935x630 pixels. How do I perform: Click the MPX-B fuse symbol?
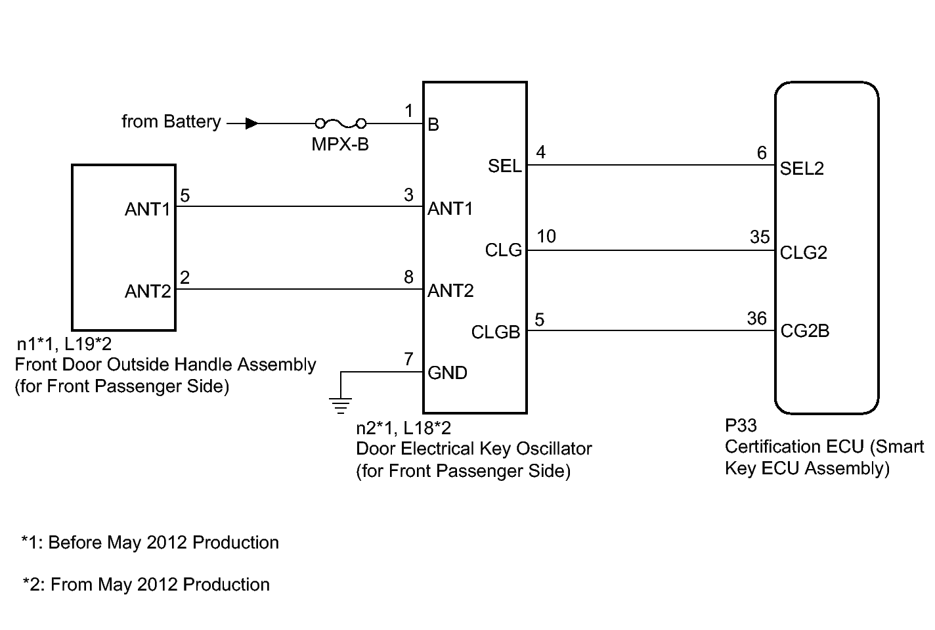pyautogui.click(x=341, y=123)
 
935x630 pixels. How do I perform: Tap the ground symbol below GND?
pyautogui.click(x=340, y=404)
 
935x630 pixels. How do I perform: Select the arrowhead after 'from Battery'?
pyautogui.click(x=251, y=123)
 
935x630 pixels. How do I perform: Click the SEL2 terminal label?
pyautogui.click(x=802, y=169)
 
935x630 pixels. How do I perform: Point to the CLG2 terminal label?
pyautogui.click(x=803, y=253)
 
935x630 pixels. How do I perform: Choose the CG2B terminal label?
pyautogui.click(x=804, y=331)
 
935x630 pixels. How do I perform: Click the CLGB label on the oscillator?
pyautogui.click(x=496, y=332)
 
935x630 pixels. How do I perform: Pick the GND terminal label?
pyautogui.click(x=448, y=373)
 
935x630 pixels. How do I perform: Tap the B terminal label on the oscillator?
pyautogui.click(x=433, y=125)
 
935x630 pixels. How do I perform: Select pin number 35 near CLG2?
pyautogui.click(x=760, y=237)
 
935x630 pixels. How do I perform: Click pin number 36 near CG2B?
pyautogui.click(x=757, y=319)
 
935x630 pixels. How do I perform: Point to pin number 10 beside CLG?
pyautogui.click(x=546, y=236)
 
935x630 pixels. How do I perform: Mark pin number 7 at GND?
pyautogui.click(x=408, y=359)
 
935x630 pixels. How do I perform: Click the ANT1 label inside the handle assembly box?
pyautogui.click(x=148, y=209)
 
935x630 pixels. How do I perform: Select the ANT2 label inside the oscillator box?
pyautogui.click(x=450, y=290)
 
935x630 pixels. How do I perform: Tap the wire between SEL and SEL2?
pyautogui.click(x=650, y=165)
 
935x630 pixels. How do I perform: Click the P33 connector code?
pyautogui.click(x=741, y=426)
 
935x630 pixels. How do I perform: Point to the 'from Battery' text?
pyautogui.click(x=171, y=122)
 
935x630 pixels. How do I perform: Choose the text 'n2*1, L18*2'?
pyautogui.click(x=403, y=428)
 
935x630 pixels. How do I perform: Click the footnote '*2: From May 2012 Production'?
pyautogui.click(x=146, y=585)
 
